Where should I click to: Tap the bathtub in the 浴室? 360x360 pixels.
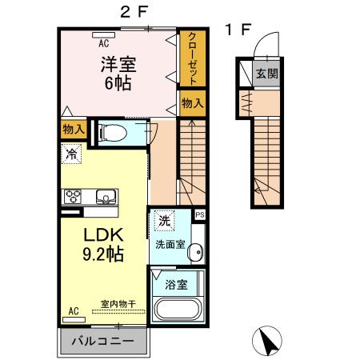pyautogui.click(x=177, y=309)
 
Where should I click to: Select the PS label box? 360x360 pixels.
pyautogui.click(x=200, y=214)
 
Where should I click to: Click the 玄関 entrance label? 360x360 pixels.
pyautogui.click(x=267, y=74)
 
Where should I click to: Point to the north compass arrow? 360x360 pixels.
pyautogui.click(x=267, y=341)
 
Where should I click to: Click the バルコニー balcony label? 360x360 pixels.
pyautogui.click(x=102, y=341)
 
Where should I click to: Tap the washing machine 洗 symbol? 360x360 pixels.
pyautogui.click(x=164, y=220)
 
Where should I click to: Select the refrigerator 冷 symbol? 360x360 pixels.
pyautogui.click(x=71, y=154)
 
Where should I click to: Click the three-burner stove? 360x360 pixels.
pyautogui.click(x=73, y=197)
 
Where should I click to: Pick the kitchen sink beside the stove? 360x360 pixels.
pyautogui.click(x=106, y=197)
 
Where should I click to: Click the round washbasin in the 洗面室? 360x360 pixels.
pyautogui.click(x=196, y=252)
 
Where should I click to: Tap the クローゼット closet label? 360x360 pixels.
pyautogui.click(x=193, y=58)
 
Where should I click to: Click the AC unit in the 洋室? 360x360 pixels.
pyautogui.click(x=104, y=35)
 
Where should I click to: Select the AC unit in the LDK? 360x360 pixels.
pyautogui.click(x=74, y=319)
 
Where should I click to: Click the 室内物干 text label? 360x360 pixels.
pyautogui.click(x=118, y=304)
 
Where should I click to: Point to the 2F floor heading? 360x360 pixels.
pyautogui.click(x=134, y=12)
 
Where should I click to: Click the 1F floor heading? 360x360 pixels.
pyautogui.click(x=238, y=30)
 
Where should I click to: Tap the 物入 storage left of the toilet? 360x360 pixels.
pyautogui.click(x=74, y=130)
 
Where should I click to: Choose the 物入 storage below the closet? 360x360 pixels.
pyautogui.click(x=193, y=103)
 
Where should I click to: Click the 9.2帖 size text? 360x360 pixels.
pyautogui.click(x=103, y=254)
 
